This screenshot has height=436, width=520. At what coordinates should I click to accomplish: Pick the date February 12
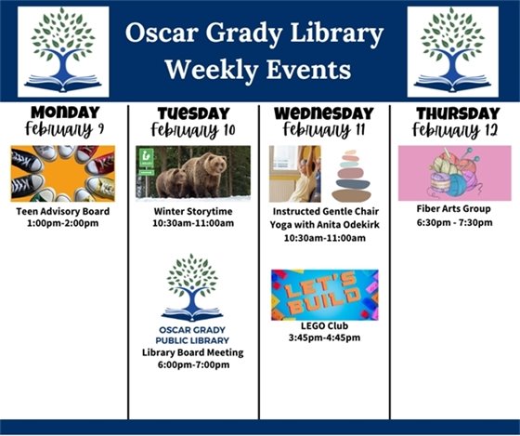[x=454, y=129]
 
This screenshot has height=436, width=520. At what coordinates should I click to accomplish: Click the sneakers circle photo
[x=62, y=173]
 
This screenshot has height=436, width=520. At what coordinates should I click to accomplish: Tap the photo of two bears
[x=193, y=172]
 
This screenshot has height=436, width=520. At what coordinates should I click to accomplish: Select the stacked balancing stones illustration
[x=351, y=175]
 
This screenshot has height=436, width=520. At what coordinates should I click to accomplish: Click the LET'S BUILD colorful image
[x=324, y=295]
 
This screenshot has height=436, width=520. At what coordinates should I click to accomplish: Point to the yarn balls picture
[x=454, y=173]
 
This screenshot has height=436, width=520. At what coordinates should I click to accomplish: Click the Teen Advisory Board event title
[x=62, y=212]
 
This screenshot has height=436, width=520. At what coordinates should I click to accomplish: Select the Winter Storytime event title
[x=193, y=210]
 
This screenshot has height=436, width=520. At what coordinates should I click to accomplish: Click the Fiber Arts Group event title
[x=454, y=209]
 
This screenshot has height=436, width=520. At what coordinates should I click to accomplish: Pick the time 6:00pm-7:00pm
[x=193, y=365]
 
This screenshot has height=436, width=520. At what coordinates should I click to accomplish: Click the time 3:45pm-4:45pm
[x=324, y=338]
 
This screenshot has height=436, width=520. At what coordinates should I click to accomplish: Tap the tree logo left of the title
[x=63, y=50]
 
